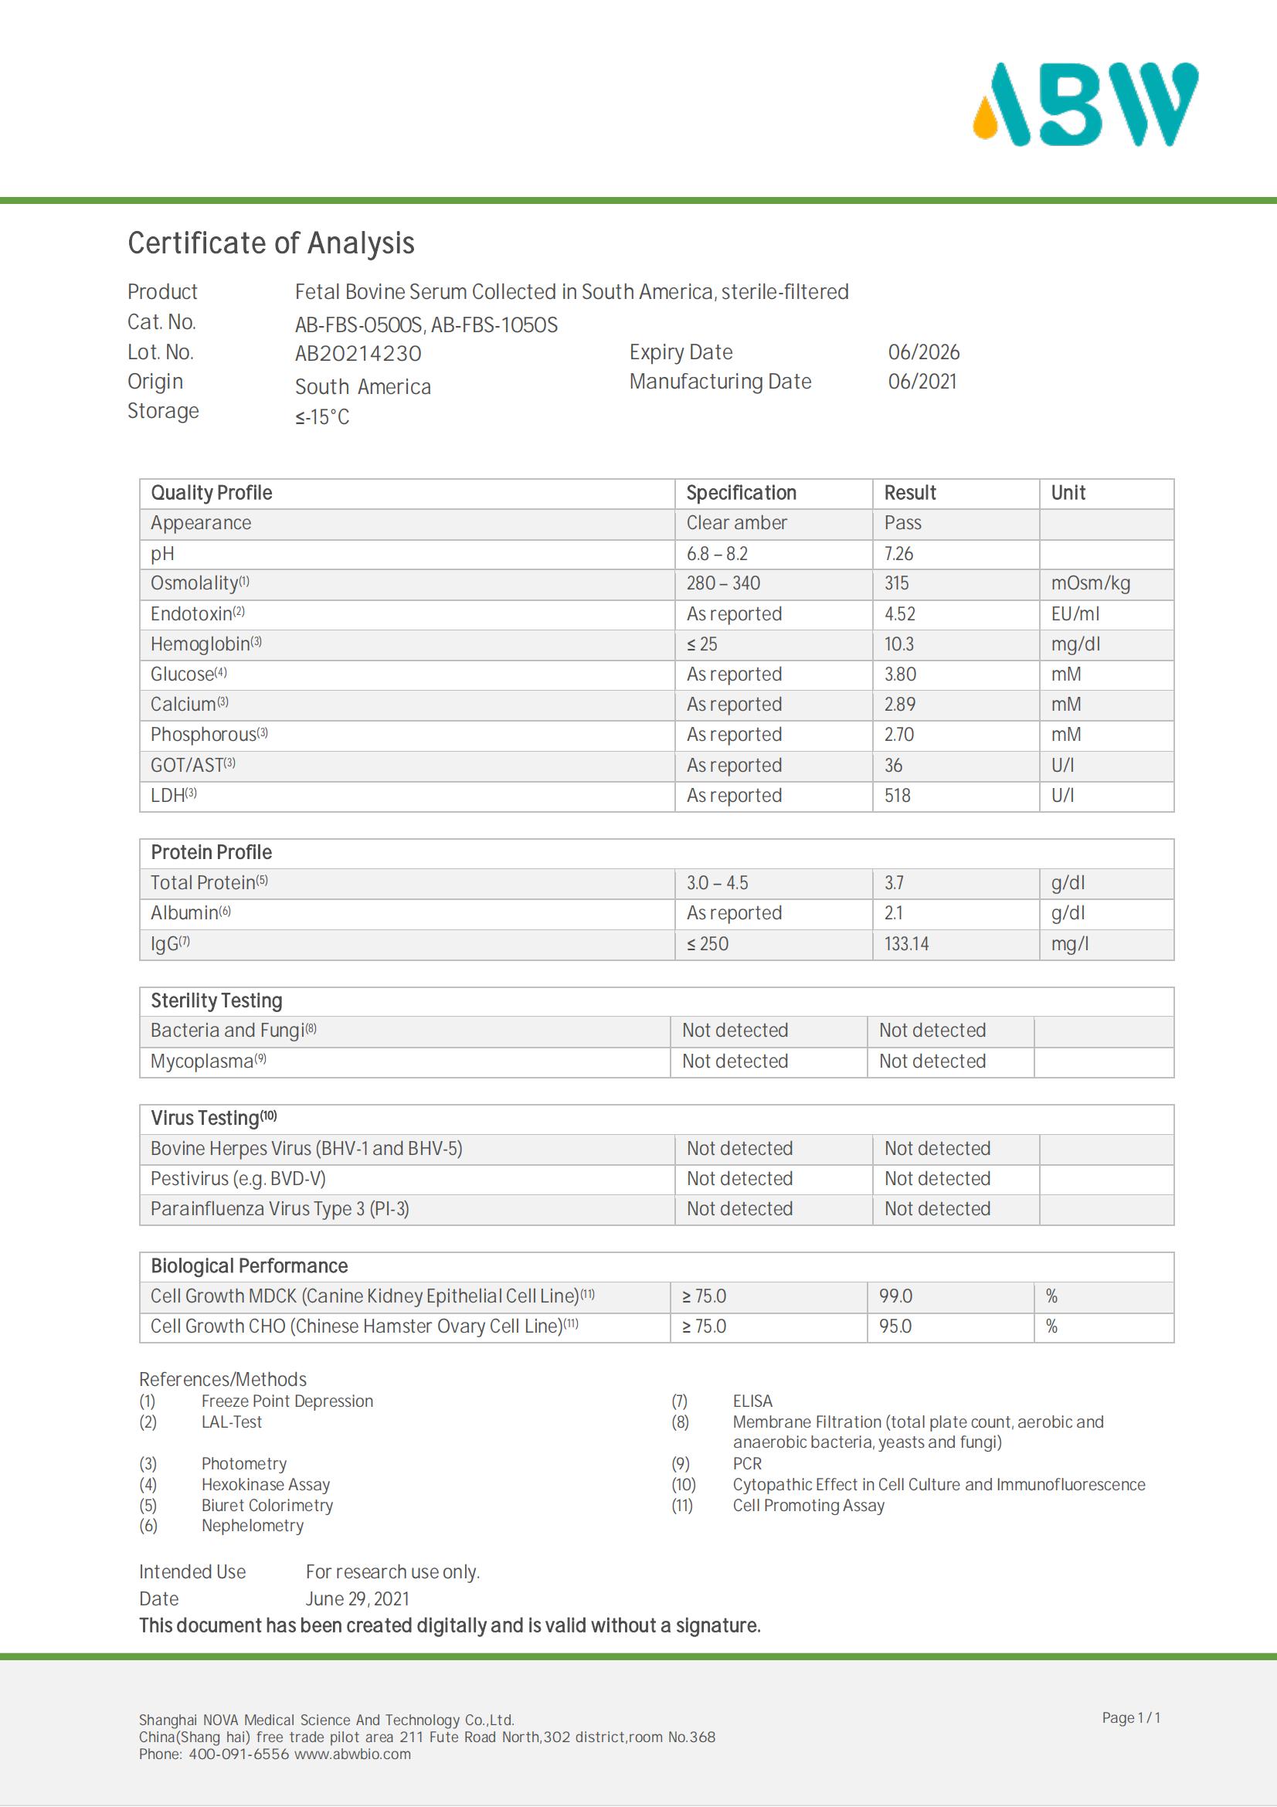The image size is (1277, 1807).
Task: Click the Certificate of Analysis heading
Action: tap(270, 243)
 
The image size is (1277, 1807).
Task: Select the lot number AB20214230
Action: tap(358, 353)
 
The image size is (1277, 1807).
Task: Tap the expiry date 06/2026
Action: tap(923, 352)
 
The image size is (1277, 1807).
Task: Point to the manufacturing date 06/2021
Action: tap(922, 382)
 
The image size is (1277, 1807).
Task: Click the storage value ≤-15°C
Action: tap(322, 417)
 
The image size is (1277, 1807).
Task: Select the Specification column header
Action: tap(740, 493)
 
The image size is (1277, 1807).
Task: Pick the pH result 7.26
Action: tap(898, 554)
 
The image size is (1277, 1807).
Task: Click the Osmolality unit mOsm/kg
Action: tap(1090, 583)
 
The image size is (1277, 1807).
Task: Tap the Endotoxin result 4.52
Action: tap(899, 614)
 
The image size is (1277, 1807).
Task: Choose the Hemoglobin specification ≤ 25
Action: tap(701, 644)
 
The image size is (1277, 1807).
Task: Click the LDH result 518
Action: tap(897, 796)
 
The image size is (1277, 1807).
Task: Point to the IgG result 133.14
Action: tap(905, 943)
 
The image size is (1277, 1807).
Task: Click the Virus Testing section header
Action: tap(213, 1119)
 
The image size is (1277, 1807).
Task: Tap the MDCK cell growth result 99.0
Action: tap(895, 1296)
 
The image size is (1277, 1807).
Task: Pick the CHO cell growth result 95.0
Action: tap(895, 1326)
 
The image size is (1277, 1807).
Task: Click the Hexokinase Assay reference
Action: tap(265, 1484)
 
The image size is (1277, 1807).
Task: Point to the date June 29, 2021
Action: tap(357, 1598)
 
